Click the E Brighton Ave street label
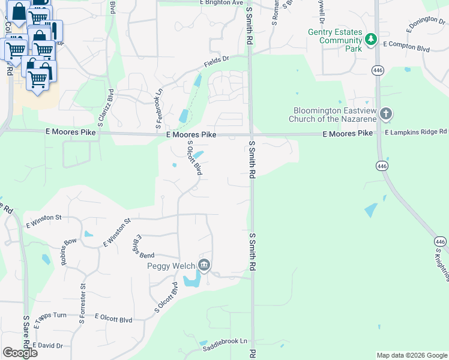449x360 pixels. click(x=221, y=3)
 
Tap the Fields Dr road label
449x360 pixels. click(x=217, y=61)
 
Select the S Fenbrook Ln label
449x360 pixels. click(x=159, y=109)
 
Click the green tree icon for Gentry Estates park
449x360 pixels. click(x=372, y=40)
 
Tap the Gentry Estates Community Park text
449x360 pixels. click(x=336, y=40)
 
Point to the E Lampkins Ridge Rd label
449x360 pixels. click(x=416, y=131)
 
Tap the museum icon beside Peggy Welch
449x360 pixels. click(x=204, y=265)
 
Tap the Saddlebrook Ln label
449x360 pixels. click(x=224, y=344)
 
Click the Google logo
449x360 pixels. click(x=20, y=353)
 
